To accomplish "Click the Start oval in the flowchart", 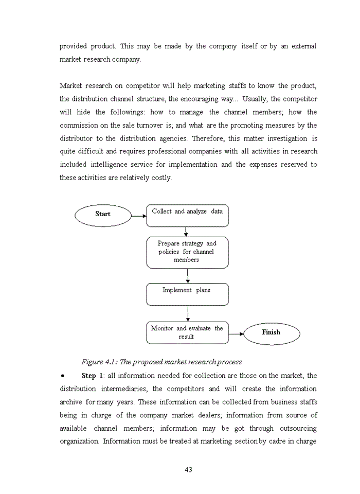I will click(x=103, y=215).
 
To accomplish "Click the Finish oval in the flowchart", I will click(x=271, y=333).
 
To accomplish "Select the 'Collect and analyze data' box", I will click(x=187, y=216).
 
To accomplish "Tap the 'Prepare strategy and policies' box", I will click(x=187, y=252).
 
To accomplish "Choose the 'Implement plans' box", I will click(x=187, y=294).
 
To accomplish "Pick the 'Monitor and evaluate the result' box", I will click(x=187, y=333).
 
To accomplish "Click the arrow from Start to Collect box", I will click(x=139, y=216).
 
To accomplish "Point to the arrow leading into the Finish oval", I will click(x=236, y=333).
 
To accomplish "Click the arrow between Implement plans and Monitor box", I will click(x=188, y=313).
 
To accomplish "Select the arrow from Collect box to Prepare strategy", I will click(x=186, y=232).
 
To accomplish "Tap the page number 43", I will click(x=188, y=469).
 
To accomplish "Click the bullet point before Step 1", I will click(x=62, y=376).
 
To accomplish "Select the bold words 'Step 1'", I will click(x=92, y=376).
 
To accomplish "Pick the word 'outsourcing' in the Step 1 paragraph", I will click(x=298, y=429).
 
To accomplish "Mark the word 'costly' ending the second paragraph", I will click(x=161, y=178).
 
